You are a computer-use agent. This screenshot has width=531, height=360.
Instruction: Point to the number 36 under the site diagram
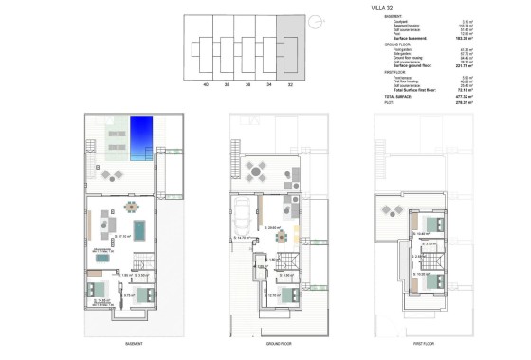[246, 84]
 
